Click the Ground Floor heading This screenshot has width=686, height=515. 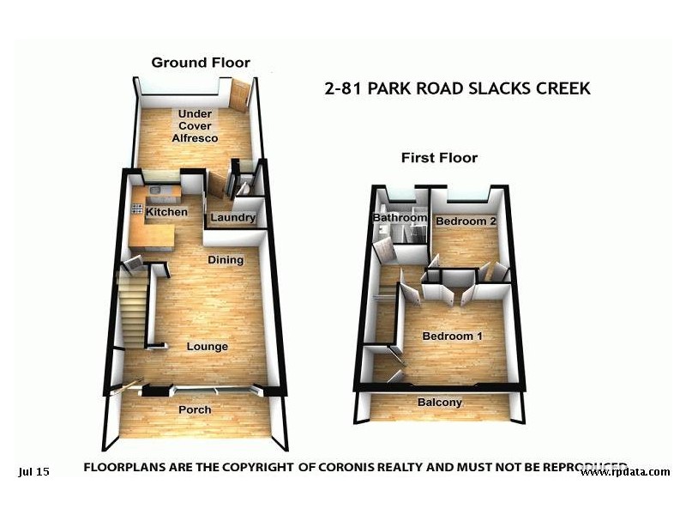coord(201,63)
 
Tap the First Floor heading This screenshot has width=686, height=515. coord(439,158)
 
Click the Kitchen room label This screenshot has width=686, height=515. coord(166,212)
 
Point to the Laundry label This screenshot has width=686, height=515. coord(232,218)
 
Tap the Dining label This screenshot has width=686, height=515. coord(226,260)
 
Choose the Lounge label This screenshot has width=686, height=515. coord(208,347)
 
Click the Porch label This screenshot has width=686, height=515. coord(195,409)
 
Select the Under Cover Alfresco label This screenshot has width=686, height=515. coord(198,126)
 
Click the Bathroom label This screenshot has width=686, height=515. coord(399,218)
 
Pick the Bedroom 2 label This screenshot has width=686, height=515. coord(466,221)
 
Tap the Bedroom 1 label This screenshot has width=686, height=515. coord(452,336)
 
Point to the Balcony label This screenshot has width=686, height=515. coord(440,403)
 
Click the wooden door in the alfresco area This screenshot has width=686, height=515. coord(239,96)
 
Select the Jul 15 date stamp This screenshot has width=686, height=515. coord(33,471)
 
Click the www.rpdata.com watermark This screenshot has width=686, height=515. coord(624,472)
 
